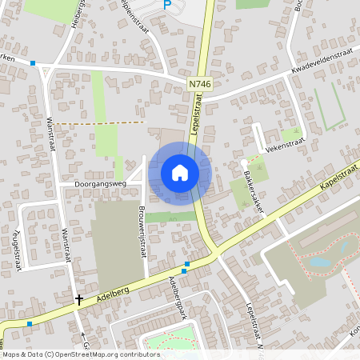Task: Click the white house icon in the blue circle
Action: (x=180, y=172)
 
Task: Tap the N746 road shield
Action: (x=200, y=83)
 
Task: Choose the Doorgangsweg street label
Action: (x=101, y=184)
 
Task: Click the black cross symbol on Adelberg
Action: (x=78, y=301)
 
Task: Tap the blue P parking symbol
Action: (x=167, y=5)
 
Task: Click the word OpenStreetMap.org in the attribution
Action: (x=88, y=354)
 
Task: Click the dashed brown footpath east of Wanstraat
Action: (x=100, y=123)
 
